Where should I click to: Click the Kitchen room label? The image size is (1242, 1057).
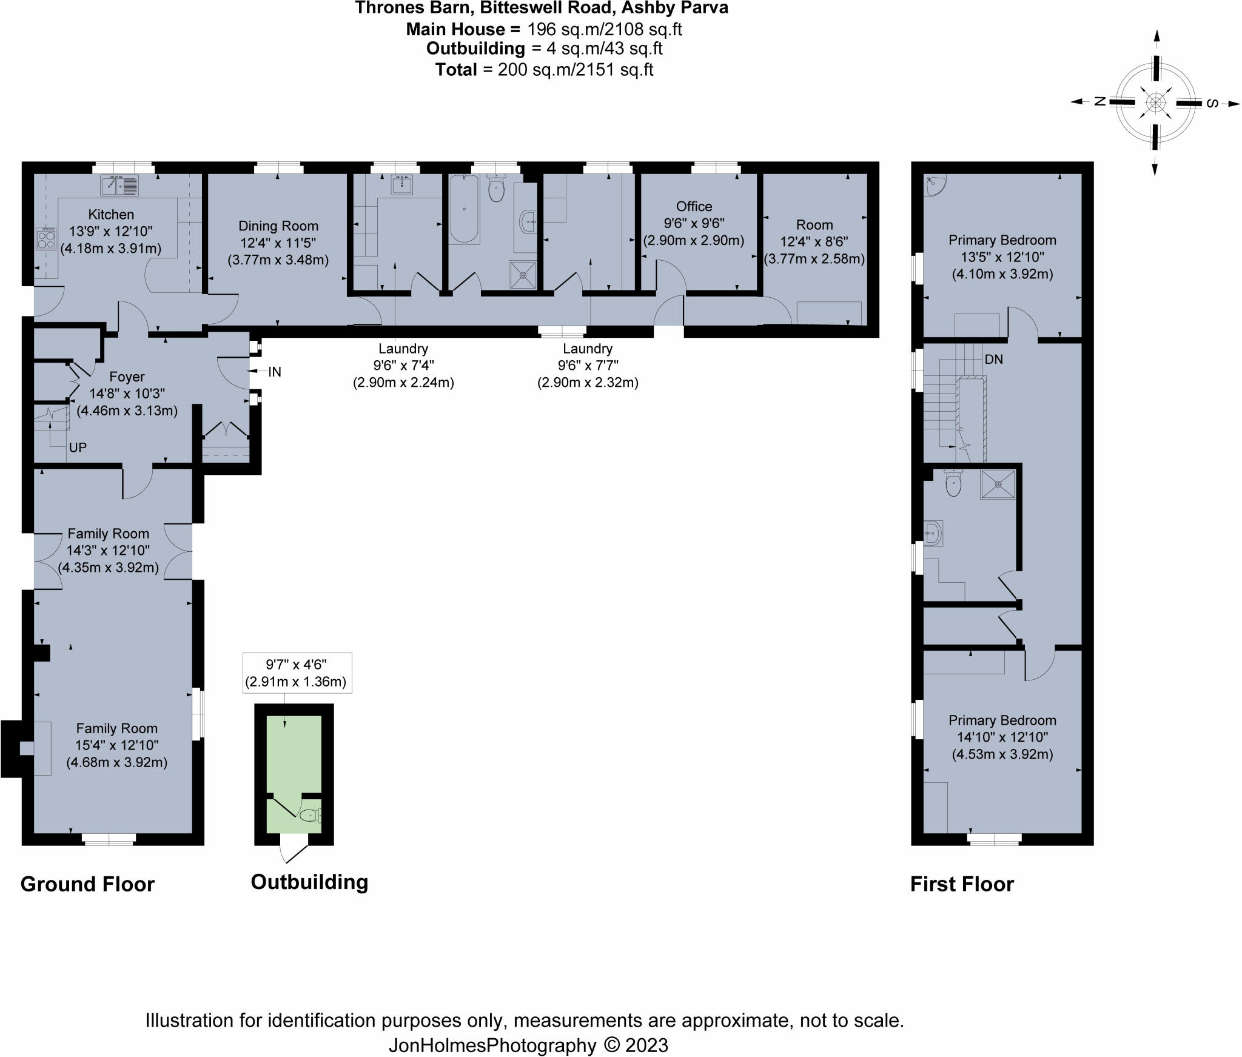coord(111,214)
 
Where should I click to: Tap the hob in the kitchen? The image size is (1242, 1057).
coord(45,238)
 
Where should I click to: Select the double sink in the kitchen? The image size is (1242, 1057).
coord(119,185)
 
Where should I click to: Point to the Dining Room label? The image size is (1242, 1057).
coord(278,226)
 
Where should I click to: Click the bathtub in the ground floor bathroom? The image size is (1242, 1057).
coord(464,209)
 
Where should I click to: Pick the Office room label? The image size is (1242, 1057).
coord(694,206)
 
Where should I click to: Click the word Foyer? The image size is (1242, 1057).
coord(127,377)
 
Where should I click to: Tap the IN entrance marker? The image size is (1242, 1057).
coord(275,372)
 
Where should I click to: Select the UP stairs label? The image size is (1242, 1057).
coord(78,448)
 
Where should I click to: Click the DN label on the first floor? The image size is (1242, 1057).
coord(993,360)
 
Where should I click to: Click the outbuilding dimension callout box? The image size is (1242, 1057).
coord(297,673)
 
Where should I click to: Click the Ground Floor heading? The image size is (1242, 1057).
coord(87,884)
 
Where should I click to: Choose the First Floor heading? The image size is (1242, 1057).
coord(962,884)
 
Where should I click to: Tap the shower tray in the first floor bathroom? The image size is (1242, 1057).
coord(997,484)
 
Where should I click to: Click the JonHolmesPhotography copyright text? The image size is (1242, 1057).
coord(528,1045)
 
